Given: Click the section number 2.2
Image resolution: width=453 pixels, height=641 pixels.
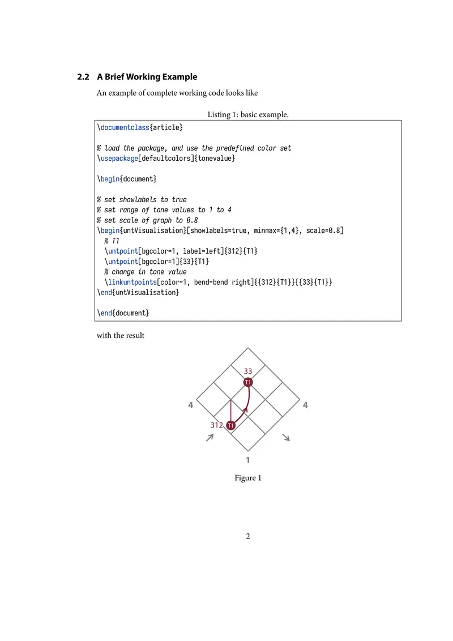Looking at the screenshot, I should [x=83, y=76].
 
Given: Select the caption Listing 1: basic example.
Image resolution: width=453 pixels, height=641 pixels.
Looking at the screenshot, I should [x=248, y=114].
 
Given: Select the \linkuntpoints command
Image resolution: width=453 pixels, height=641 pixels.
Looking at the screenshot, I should [x=130, y=282].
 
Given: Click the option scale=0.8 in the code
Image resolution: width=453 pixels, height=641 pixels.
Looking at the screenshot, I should [x=323, y=230].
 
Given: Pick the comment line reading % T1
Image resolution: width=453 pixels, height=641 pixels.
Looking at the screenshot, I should [x=112, y=241].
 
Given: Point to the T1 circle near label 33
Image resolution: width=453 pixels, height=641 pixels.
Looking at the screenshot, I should [x=248, y=382].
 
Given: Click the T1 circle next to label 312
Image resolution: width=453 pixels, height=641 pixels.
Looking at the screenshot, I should [x=230, y=425].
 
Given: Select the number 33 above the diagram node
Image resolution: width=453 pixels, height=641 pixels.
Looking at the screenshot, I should [x=248, y=371].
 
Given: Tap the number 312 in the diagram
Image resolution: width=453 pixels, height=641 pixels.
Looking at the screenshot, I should [x=216, y=425].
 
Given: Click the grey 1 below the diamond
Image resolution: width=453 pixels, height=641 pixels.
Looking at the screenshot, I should [x=248, y=459].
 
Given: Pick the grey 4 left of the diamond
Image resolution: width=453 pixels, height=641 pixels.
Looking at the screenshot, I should [x=191, y=405].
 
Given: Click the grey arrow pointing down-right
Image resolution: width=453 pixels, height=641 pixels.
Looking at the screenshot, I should [x=287, y=437].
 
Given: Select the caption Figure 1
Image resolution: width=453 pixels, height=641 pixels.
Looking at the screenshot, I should [x=248, y=478].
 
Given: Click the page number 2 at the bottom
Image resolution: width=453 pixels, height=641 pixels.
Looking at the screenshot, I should [x=248, y=536].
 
